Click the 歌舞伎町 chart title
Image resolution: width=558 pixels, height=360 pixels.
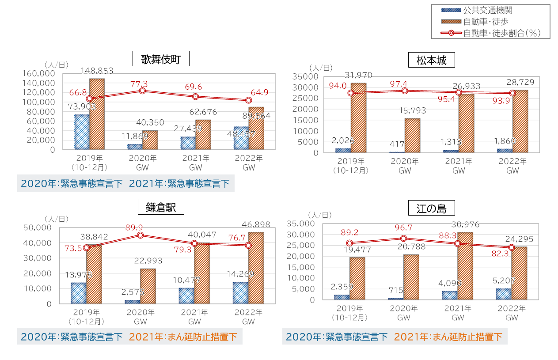(161, 59)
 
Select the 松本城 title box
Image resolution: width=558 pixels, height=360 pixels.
(431, 60)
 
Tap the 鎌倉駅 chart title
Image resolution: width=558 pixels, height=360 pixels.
(161, 207)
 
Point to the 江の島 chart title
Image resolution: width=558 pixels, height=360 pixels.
(431, 208)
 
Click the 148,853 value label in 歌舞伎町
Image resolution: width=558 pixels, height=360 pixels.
(97, 70)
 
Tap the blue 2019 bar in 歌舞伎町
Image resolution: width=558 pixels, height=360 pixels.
(82, 132)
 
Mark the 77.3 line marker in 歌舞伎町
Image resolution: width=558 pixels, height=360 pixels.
(142, 91)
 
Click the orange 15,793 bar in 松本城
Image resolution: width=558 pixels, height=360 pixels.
(412, 136)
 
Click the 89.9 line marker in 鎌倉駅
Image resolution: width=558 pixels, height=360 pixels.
(140, 235)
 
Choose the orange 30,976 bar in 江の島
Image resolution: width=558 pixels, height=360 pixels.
(465, 266)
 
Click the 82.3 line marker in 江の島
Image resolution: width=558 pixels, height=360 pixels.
(512, 247)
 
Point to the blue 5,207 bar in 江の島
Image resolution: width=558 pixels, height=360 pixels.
(504, 294)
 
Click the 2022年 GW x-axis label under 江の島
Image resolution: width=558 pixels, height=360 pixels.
(512, 312)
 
